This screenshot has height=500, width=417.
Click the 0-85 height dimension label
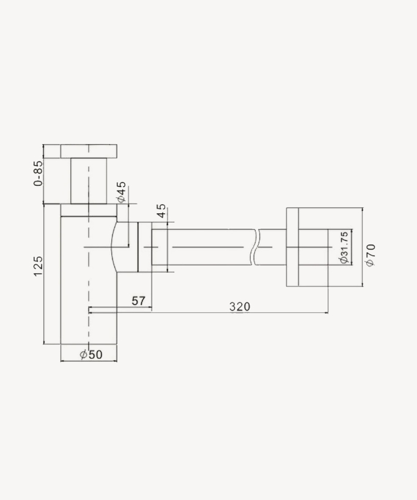pyautogui.click(x=38, y=174)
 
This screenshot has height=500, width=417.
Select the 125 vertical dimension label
pyautogui.click(x=38, y=266)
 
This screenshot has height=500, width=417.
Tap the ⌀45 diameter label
pyautogui.click(x=121, y=192)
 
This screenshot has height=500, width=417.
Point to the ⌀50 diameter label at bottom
pyautogui.click(x=91, y=355)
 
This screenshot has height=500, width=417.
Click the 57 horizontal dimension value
pyautogui.click(x=138, y=301)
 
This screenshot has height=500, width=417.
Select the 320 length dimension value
pyautogui.click(x=240, y=306)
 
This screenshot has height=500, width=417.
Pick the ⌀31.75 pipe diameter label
pyautogui.click(x=344, y=247)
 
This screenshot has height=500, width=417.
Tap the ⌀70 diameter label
pyautogui.click(x=371, y=254)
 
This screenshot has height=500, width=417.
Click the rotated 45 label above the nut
pyautogui.click(x=161, y=211)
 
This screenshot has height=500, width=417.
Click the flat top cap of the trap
pyautogui.click(x=89, y=151)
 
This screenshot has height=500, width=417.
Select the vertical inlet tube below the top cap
pyautogui.click(x=89, y=180)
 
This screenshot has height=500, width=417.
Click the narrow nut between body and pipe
pyautogui.click(x=144, y=247)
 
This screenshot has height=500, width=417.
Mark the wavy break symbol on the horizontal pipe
pyautogui.click(x=254, y=247)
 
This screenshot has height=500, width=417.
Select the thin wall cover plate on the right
pyautogui.click(x=292, y=247)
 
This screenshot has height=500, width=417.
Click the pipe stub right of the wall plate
pyautogui.click(x=313, y=247)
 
